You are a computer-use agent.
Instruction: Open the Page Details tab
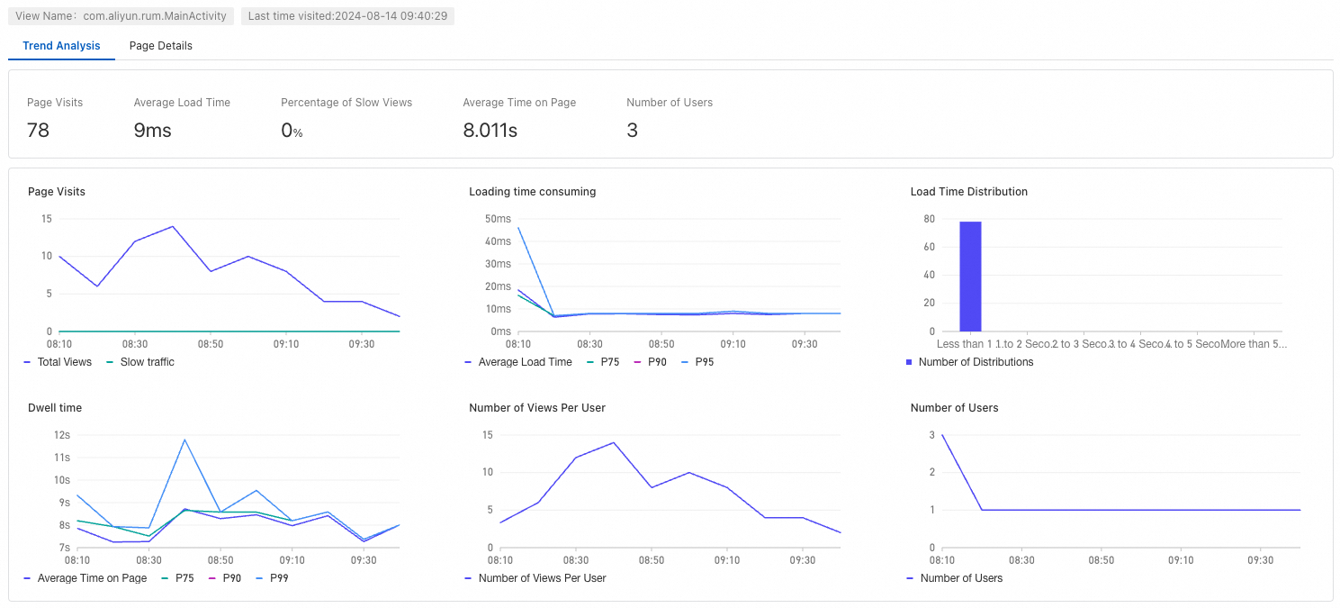tap(160, 46)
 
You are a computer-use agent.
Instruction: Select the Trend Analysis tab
tap(61, 46)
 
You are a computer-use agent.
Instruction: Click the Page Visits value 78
tap(38, 131)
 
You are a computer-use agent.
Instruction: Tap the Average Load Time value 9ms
tap(152, 131)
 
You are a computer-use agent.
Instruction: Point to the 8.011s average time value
tap(490, 131)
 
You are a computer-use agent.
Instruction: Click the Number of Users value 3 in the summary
tap(632, 131)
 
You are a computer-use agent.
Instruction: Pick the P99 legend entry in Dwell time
tap(276, 578)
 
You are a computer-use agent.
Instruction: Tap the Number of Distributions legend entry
tap(976, 362)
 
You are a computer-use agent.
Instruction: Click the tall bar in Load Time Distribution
tap(970, 277)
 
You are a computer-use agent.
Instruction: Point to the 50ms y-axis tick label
tap(498, 219)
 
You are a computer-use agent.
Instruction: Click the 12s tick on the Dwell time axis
tap(62, 435)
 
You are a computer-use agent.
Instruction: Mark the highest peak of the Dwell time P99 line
tap(184, 440)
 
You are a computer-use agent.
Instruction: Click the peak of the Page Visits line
tap(172, 226)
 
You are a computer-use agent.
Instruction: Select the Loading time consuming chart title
tap(532, 192)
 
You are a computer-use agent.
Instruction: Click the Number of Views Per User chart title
tap(537, 408)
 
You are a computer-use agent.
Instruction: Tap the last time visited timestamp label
tap(347, 16)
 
